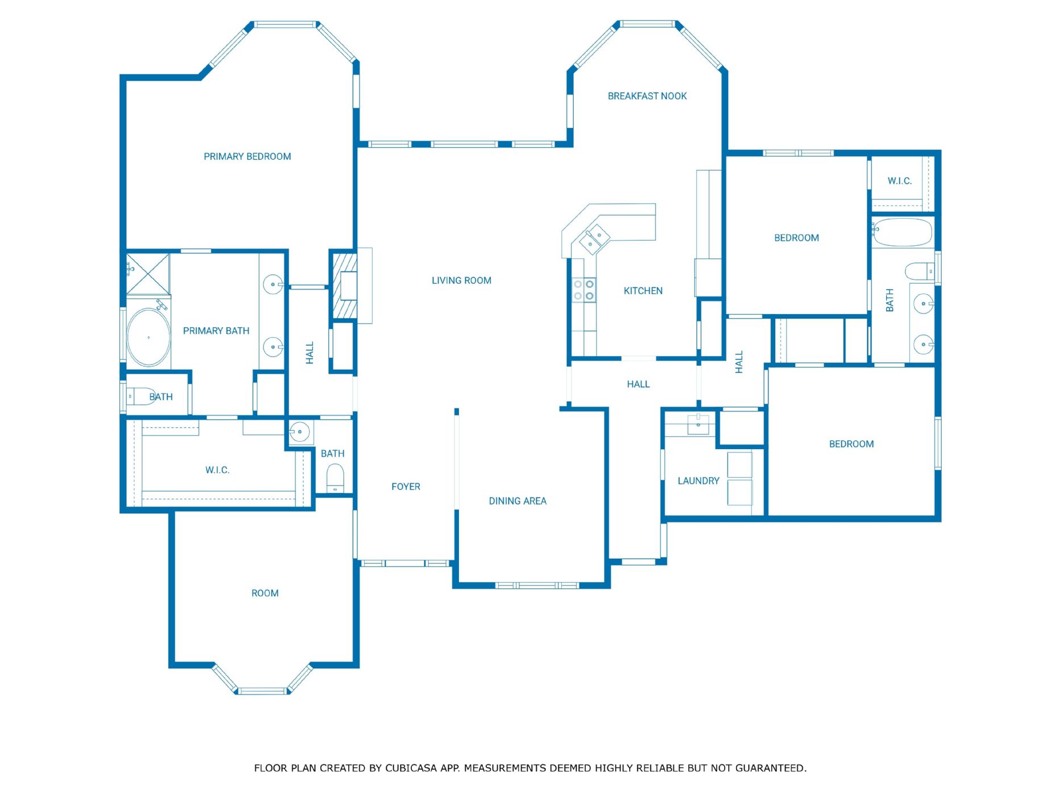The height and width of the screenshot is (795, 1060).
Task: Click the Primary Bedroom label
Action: tap(247, 157)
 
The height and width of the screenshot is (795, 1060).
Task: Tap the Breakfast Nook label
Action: tap(647, 97)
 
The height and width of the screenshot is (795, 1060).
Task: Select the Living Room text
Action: tap(461, 281)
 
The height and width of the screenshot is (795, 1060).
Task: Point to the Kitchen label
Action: tap(643, 291)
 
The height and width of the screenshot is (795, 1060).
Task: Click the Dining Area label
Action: tap(518, 501)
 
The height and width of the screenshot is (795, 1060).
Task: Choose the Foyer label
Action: tap(406, 487)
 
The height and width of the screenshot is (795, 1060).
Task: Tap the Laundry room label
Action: tap(698, 481)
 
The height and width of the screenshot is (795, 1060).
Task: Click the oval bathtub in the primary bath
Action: tap(148, 337)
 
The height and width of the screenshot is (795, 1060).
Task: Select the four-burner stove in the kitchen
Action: tap(583, 290)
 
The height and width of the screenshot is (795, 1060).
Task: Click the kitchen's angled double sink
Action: tap(595, 239)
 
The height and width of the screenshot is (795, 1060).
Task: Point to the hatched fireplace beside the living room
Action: tap(344, 285)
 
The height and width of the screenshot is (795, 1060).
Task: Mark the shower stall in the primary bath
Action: tap(148, 274)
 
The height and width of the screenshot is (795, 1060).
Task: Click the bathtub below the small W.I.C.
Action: tap(902, 232)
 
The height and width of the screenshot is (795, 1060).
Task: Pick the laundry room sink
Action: tap(698, 424)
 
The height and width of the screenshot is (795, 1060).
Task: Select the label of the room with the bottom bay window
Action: tap(265, 593)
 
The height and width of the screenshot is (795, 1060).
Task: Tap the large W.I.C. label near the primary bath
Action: tap(217, 470)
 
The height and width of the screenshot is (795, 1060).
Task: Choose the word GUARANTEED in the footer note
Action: tap(770, 768)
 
